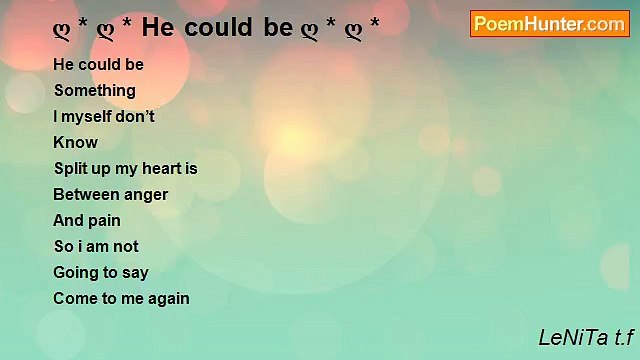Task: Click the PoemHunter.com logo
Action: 550,24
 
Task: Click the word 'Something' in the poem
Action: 95,90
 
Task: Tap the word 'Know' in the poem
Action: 75,142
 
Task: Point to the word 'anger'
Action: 145,194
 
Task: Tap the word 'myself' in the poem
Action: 88,116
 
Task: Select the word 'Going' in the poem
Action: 75,272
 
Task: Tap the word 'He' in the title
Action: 156,27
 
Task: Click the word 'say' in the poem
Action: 135,272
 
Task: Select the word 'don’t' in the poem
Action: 137,116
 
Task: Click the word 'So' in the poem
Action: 62,246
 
